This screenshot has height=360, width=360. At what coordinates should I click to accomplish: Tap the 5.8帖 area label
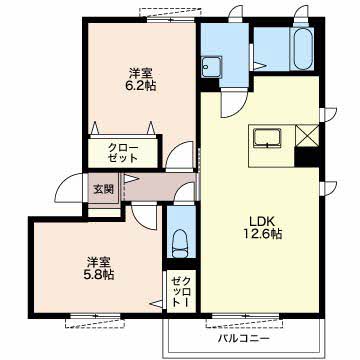point(99,274)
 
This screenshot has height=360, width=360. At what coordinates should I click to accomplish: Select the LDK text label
point(262,221)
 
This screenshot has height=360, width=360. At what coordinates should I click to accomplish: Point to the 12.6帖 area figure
point(262,234)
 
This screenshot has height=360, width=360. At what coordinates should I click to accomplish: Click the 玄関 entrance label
point(103,189)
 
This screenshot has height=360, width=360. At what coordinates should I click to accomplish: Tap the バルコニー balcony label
point(244,339)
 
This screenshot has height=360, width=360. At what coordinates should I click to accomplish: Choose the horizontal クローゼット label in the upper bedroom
point(123,152)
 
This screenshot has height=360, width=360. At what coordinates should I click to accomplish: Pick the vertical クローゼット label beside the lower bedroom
point(181,292)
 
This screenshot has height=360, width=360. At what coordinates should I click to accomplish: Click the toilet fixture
point(180,243)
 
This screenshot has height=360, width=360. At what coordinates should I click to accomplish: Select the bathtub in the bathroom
point(301,49)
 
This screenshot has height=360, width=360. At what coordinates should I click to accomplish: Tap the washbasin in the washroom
point(211,67)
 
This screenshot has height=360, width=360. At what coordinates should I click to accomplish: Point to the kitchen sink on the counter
point(267,138)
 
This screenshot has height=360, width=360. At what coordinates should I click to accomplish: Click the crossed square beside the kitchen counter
point(307,136)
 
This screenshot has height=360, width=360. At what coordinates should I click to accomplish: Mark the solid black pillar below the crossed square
point(307,157)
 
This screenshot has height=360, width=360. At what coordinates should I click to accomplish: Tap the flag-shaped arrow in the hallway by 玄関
point(131,179)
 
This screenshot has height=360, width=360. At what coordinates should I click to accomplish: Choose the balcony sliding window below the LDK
point(245,316)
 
